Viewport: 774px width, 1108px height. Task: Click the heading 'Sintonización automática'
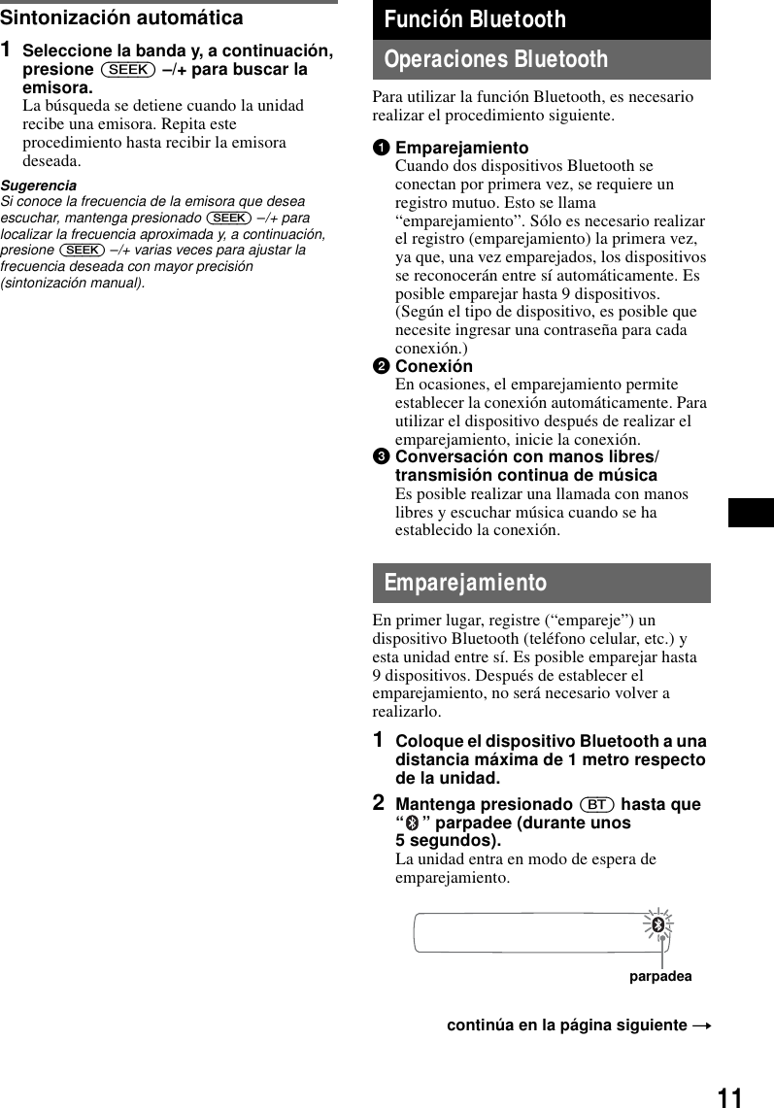coord(121,17)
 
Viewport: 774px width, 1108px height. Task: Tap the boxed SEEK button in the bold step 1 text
coord(127,69)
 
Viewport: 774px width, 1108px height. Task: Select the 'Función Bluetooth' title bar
coord(541,19)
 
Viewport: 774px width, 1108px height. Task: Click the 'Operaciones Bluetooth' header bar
coord(541,59)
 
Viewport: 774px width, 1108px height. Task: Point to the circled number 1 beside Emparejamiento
coord(382,149)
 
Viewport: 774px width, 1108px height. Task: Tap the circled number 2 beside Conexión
coord(382,366)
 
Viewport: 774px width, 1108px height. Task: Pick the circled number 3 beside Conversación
coord(382,457)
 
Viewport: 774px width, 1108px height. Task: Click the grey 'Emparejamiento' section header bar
coord(541,583)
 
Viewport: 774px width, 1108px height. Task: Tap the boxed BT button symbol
coord(597,805)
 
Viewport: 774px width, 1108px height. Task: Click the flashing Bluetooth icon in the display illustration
coord(657,923)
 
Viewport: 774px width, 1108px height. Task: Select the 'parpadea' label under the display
coord(660,976)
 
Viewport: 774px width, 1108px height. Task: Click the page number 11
coord(730,1097)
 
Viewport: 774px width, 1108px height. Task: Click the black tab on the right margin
coord(751,512)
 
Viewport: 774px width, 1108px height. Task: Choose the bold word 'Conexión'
coord(434,366)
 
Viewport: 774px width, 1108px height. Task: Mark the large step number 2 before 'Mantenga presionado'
coord(380,804)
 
